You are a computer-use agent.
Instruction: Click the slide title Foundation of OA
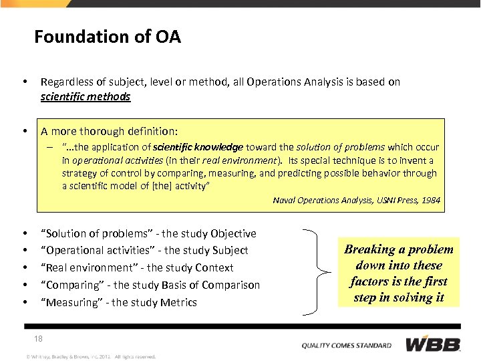[108, 36]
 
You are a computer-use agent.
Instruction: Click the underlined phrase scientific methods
[85, 97]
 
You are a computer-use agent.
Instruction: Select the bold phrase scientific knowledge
[198, 147]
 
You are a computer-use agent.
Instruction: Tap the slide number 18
[38, 339]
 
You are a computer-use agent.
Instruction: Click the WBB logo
[433, 344]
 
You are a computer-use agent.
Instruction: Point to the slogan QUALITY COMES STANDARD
[346, 346]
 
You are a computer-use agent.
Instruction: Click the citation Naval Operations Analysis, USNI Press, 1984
[357, 200]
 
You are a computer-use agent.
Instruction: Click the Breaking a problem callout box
[398, 273]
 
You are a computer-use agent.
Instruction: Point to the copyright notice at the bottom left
[90, 356]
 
